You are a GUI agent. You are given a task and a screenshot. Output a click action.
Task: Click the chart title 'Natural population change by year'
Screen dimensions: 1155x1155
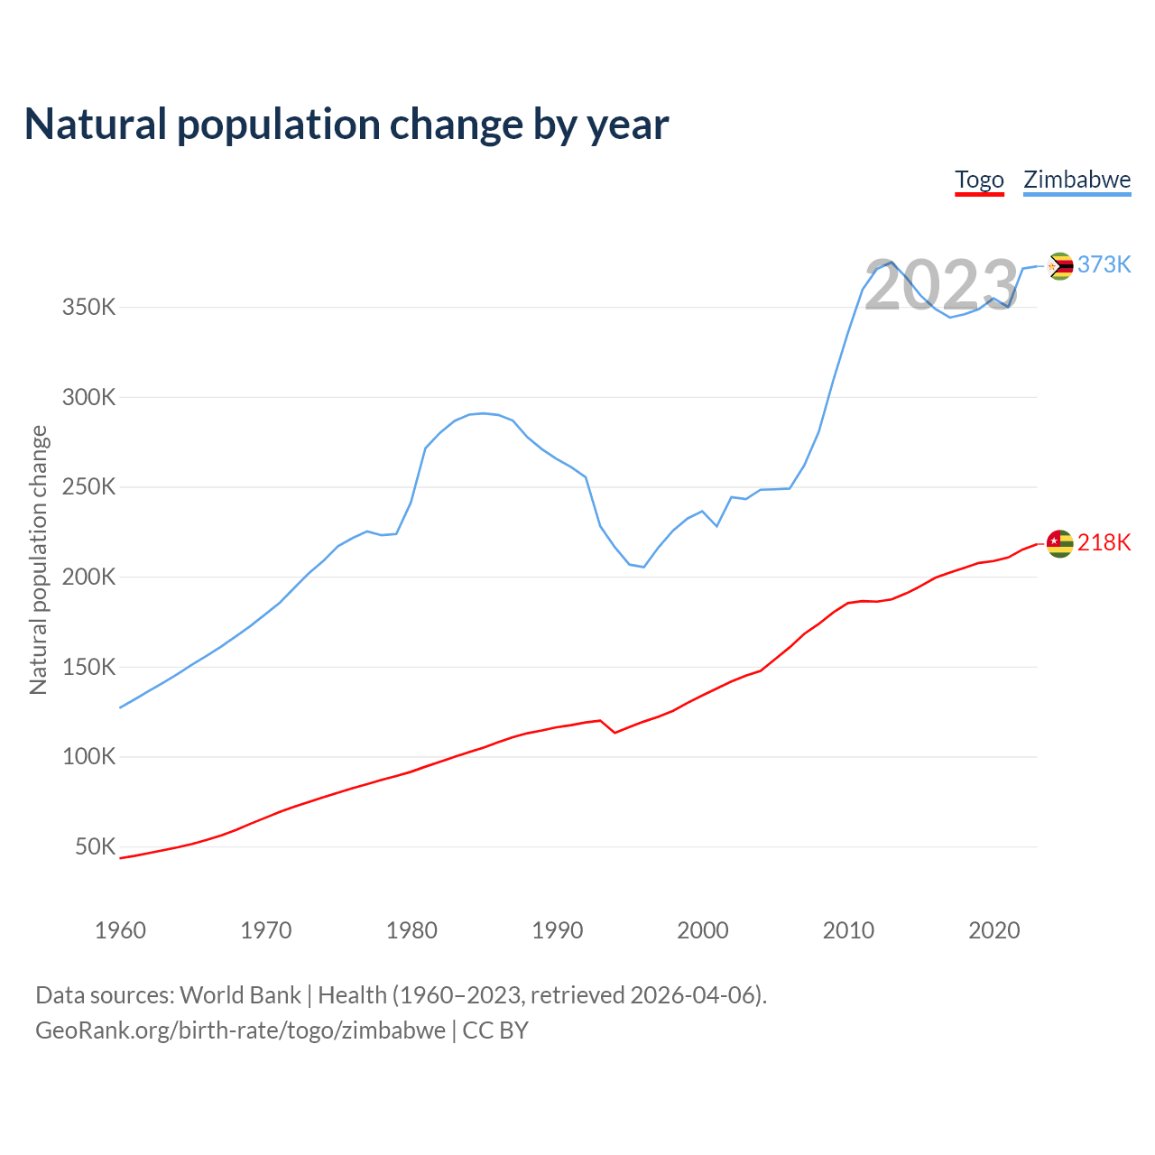click(x=346, y=125)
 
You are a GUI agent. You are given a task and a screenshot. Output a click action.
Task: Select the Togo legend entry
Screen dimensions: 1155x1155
click(x=979, y=180)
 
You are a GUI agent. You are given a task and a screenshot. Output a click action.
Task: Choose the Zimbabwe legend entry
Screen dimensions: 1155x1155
click(x=1076, y=180)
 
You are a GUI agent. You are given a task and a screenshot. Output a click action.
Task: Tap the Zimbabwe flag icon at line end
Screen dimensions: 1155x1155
click(x=1059, y=265)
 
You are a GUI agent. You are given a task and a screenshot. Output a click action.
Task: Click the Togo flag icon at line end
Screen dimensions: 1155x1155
click(x=1059, y=543)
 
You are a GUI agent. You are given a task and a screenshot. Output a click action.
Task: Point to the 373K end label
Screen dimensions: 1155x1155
click(x=1104, y=264)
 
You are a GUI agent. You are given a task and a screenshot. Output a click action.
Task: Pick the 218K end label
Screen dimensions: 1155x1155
click(x=1104, y=542)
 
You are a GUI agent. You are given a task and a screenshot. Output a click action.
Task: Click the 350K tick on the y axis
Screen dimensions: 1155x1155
click(x=88, y=308)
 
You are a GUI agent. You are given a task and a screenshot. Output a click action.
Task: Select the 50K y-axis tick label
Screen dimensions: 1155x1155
click(x=95, y=847)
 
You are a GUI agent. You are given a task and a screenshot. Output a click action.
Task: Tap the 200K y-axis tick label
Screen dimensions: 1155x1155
click(x=88, y=577)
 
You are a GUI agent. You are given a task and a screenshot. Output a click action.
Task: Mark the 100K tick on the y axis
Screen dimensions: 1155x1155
click(x=88, y=757)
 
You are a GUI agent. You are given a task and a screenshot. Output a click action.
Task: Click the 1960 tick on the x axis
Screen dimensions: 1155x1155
click(x=120, y=930)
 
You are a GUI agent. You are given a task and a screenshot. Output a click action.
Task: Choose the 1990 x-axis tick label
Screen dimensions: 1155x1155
click(x=557, y=930)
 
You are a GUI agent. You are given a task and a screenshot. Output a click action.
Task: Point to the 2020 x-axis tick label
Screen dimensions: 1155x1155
click(x=993, y=930)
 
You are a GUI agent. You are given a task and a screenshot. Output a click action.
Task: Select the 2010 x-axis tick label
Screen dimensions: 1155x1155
click(x=848, y=930)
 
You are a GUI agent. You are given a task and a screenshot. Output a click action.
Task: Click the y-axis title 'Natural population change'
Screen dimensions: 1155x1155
click(x=39, y=560)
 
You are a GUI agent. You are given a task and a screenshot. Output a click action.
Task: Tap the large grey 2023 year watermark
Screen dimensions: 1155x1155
click(x=941, y=286)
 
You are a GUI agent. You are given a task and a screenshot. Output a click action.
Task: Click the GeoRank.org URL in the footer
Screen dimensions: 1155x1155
click(x=240, y=1030)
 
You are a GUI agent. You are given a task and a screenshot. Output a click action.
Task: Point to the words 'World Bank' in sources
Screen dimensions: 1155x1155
click(x=240, y=995)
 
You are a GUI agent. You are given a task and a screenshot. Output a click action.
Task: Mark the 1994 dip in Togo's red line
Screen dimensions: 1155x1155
click(x=614, y=732)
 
